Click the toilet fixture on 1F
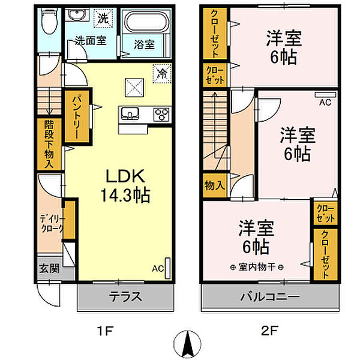49,22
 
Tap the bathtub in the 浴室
146,22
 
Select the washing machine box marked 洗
103,18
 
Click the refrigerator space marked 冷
163,73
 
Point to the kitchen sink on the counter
130,114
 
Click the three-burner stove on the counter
161,114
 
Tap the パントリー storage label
76,117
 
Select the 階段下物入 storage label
49,144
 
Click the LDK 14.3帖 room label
125,185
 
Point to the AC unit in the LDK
167,268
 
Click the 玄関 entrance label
49,268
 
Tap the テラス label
125,296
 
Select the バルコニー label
270,296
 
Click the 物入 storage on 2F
214,185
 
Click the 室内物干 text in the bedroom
257,267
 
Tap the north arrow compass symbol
188,344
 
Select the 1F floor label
105,331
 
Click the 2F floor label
270,331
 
